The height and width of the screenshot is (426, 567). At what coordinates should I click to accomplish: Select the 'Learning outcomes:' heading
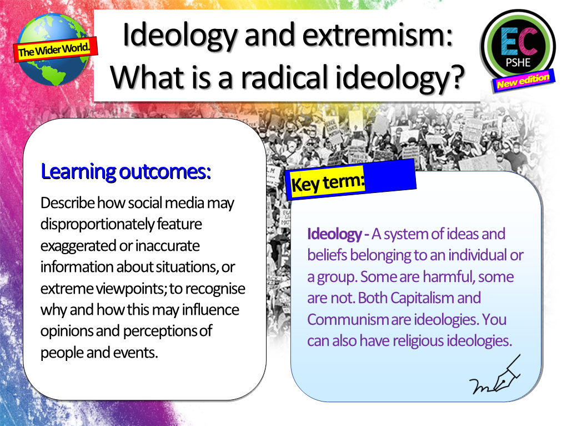click(x=126, y=172)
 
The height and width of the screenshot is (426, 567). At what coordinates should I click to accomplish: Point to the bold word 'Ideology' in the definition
click(x=333, y=234)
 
